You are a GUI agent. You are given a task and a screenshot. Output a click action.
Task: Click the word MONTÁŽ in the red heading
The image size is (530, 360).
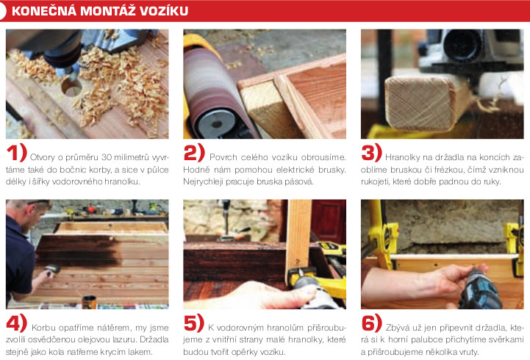pyautogui.click(x=108, y=11)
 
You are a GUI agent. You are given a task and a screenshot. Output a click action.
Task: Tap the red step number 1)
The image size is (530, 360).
pyautogui.click(x=17, y=152)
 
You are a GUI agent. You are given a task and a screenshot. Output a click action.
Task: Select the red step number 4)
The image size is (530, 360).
pyautogui.click(x=17, y=323)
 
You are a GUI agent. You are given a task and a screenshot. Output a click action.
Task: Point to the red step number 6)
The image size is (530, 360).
pyautogui.click(x=371, y=323)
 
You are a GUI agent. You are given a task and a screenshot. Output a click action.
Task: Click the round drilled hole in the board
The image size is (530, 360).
pyautogui.click(x=71, y=87)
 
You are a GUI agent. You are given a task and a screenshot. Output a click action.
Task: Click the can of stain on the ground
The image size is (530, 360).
pyautogui.click(x=89, y=302)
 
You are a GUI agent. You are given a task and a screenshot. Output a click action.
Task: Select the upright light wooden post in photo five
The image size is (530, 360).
pyautogui.click(x=298, y=237)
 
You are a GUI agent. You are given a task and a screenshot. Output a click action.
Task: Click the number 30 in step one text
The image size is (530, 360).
pyautogui.click(x=107, y=158)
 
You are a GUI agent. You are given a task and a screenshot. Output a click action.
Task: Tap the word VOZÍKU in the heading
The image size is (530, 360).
pyautogui.click(x=164, y=11)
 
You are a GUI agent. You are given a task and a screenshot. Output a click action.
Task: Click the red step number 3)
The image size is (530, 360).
pyautogui.click(x=371, y=152)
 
